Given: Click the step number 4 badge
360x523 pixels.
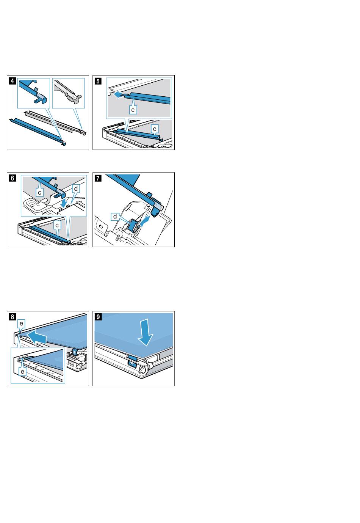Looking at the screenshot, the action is click(13, 81).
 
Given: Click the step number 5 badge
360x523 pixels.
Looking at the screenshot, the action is click(98, 81).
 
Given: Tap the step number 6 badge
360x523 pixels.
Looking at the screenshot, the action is click(13, 178).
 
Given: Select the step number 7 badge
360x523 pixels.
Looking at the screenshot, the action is click(98, 178).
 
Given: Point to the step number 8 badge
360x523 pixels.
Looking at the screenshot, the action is click(13, 317).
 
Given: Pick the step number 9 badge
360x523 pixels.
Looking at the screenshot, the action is click(98, 317).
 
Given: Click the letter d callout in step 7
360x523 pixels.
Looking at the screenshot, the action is click(115, 217).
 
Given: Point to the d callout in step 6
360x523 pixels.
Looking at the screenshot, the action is click(76, 188).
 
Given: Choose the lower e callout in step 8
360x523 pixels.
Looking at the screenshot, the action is click(22, 371).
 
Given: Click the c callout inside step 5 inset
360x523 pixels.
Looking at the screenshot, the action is click(133, 110).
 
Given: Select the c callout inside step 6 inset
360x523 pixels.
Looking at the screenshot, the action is click(40, 193).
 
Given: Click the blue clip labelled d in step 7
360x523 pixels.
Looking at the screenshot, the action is click(133, 225).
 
